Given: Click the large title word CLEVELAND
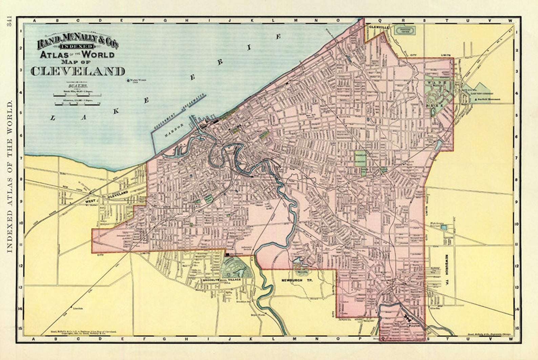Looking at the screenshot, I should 78,71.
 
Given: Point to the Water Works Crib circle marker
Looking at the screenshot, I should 128,81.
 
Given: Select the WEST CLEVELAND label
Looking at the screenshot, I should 107,197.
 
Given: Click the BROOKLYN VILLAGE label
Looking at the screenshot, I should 222,280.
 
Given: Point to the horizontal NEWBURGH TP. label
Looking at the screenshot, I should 294,280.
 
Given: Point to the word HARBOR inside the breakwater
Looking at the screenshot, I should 174,130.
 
